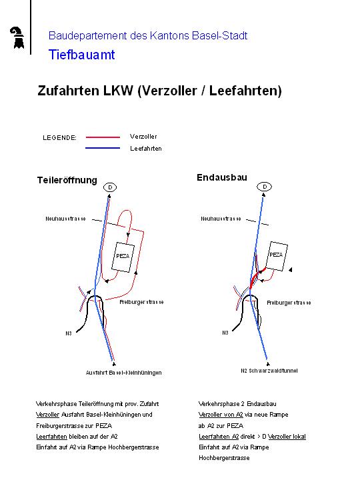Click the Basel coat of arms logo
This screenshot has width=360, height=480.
18,37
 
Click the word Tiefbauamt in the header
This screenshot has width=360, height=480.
82,55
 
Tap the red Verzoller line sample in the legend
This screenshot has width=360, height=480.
103,137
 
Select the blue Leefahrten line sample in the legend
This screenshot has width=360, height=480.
103,148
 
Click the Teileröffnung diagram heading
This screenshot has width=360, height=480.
67,180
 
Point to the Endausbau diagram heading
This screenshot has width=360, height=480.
222,177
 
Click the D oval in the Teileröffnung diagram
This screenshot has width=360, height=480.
110,187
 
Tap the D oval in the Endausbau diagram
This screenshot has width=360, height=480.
265,187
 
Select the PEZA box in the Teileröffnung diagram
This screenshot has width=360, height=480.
123,257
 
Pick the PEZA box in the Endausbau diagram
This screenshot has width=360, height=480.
277,256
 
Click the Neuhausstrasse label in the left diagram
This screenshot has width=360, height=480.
65,219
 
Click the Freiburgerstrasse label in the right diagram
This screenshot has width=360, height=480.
289,303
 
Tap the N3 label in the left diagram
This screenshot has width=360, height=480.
69,333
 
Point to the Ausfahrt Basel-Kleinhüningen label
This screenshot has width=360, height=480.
124,373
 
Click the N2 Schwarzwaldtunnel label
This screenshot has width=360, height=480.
269,371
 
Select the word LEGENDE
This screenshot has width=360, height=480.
60,138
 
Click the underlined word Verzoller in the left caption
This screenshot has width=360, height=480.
48,415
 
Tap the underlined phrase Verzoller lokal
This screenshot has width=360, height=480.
287,437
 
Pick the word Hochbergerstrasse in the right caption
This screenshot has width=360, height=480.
224,458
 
